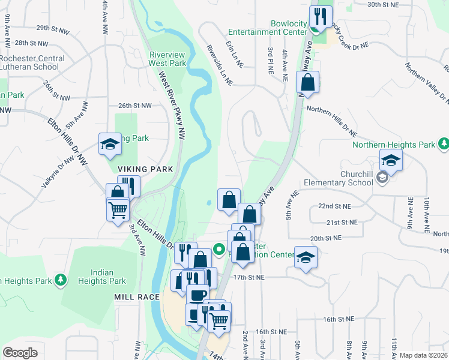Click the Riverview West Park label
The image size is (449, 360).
click(167, 58)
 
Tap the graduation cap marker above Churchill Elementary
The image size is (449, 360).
click(390, 161)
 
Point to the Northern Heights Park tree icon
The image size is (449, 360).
click(444, 144)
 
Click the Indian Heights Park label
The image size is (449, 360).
click(101, 277)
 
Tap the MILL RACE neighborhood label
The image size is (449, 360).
click(137, 297)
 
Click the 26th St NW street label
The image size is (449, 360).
click(135, 106)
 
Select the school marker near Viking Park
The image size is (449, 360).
click(110, 143)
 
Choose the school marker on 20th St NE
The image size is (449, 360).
click(306, 257)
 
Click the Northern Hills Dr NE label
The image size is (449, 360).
click(331, 119)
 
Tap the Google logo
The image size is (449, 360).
click(20, 353)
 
